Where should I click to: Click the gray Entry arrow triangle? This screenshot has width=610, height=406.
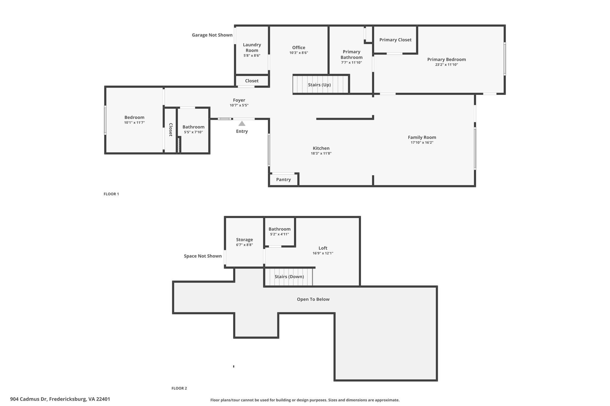(x=242, y=123)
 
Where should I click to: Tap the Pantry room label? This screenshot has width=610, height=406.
(x=283, y=180)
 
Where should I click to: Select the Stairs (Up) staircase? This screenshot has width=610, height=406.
(x=320, y=85)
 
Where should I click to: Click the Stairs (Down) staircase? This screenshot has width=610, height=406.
(x=289, y=277)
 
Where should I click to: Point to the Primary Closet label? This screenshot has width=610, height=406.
(x=395, y=40)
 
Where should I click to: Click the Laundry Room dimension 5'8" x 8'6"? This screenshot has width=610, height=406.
(x=252, y=56)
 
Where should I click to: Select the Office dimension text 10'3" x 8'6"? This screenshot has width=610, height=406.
(x=299, y=53)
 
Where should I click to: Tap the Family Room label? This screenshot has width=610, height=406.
(x=422, y=137)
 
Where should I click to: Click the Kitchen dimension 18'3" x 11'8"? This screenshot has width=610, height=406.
(x=321, y=153)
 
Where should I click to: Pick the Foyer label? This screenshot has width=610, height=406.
(x=239, y=101)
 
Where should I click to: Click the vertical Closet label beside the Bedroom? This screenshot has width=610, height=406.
(x=171, y=130)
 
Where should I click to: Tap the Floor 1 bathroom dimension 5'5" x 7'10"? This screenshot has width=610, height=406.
(x=193, y=132)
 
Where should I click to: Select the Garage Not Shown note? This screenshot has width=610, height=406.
(x=212, y=35)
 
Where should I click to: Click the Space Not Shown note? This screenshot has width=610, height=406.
(x=203, y=256)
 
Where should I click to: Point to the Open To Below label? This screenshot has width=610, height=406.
(x=313, y=299)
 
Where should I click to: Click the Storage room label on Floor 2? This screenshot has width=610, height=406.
(x=245, y=240)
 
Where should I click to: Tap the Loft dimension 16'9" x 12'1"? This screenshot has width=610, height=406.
(x=323, y=253)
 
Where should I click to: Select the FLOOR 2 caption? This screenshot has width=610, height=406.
(x=179, y=388)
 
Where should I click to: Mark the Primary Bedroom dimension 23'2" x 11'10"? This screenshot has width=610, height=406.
(x=446, y=65)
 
